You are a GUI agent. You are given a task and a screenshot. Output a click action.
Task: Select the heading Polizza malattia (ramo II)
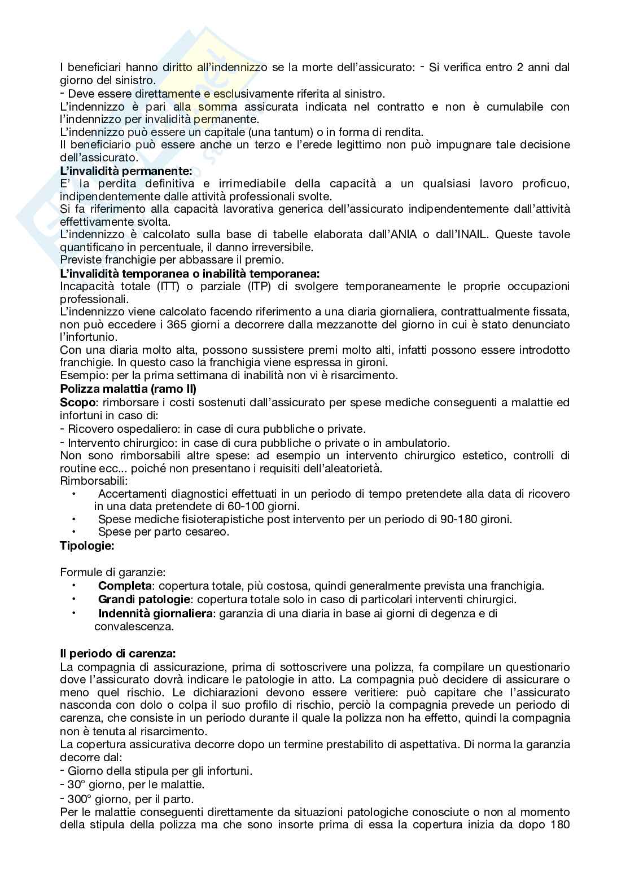click(128, 389)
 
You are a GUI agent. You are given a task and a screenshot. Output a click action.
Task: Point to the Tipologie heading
click(87, 546)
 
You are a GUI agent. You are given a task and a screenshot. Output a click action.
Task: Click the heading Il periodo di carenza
click(118, 653)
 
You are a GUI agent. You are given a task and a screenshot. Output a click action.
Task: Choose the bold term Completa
click(125, 586)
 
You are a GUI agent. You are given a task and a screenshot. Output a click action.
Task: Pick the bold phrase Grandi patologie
click(143, 599)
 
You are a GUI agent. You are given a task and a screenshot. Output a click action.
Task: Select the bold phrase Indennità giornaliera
click(155, 613)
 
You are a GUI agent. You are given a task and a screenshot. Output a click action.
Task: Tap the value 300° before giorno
click(80, 799)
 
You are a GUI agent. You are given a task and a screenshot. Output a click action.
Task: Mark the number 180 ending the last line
click(559, 824)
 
